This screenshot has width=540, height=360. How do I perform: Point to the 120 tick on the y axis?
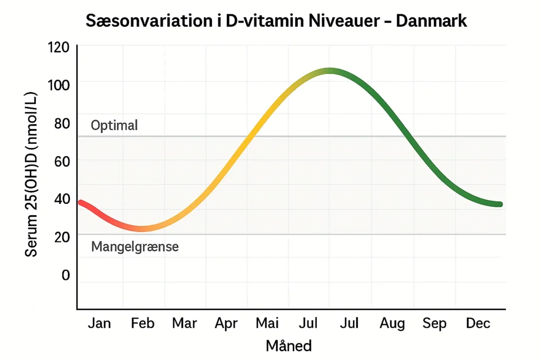(x=58, y=47)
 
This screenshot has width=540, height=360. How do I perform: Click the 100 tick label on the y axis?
(x=58, y=84)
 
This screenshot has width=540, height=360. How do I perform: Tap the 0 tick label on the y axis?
(x=65, y=275)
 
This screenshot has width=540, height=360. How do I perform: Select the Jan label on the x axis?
(x=99, y=323)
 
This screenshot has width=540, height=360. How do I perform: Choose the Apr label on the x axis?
(x=226, y=323)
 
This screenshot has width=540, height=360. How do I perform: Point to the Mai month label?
(x=268, y=323)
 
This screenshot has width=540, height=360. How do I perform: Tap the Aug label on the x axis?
(x=392, y=323)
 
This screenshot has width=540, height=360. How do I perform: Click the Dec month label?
(x=478, y=323)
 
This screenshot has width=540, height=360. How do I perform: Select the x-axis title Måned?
(x=288, y=346)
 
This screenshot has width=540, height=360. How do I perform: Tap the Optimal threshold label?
(x=114, y=125)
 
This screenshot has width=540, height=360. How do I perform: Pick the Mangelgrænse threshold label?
(x=134, y=246)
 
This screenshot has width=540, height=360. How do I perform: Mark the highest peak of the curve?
(x=329, y=71)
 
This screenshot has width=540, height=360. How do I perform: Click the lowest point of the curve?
(x=141, y=228)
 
